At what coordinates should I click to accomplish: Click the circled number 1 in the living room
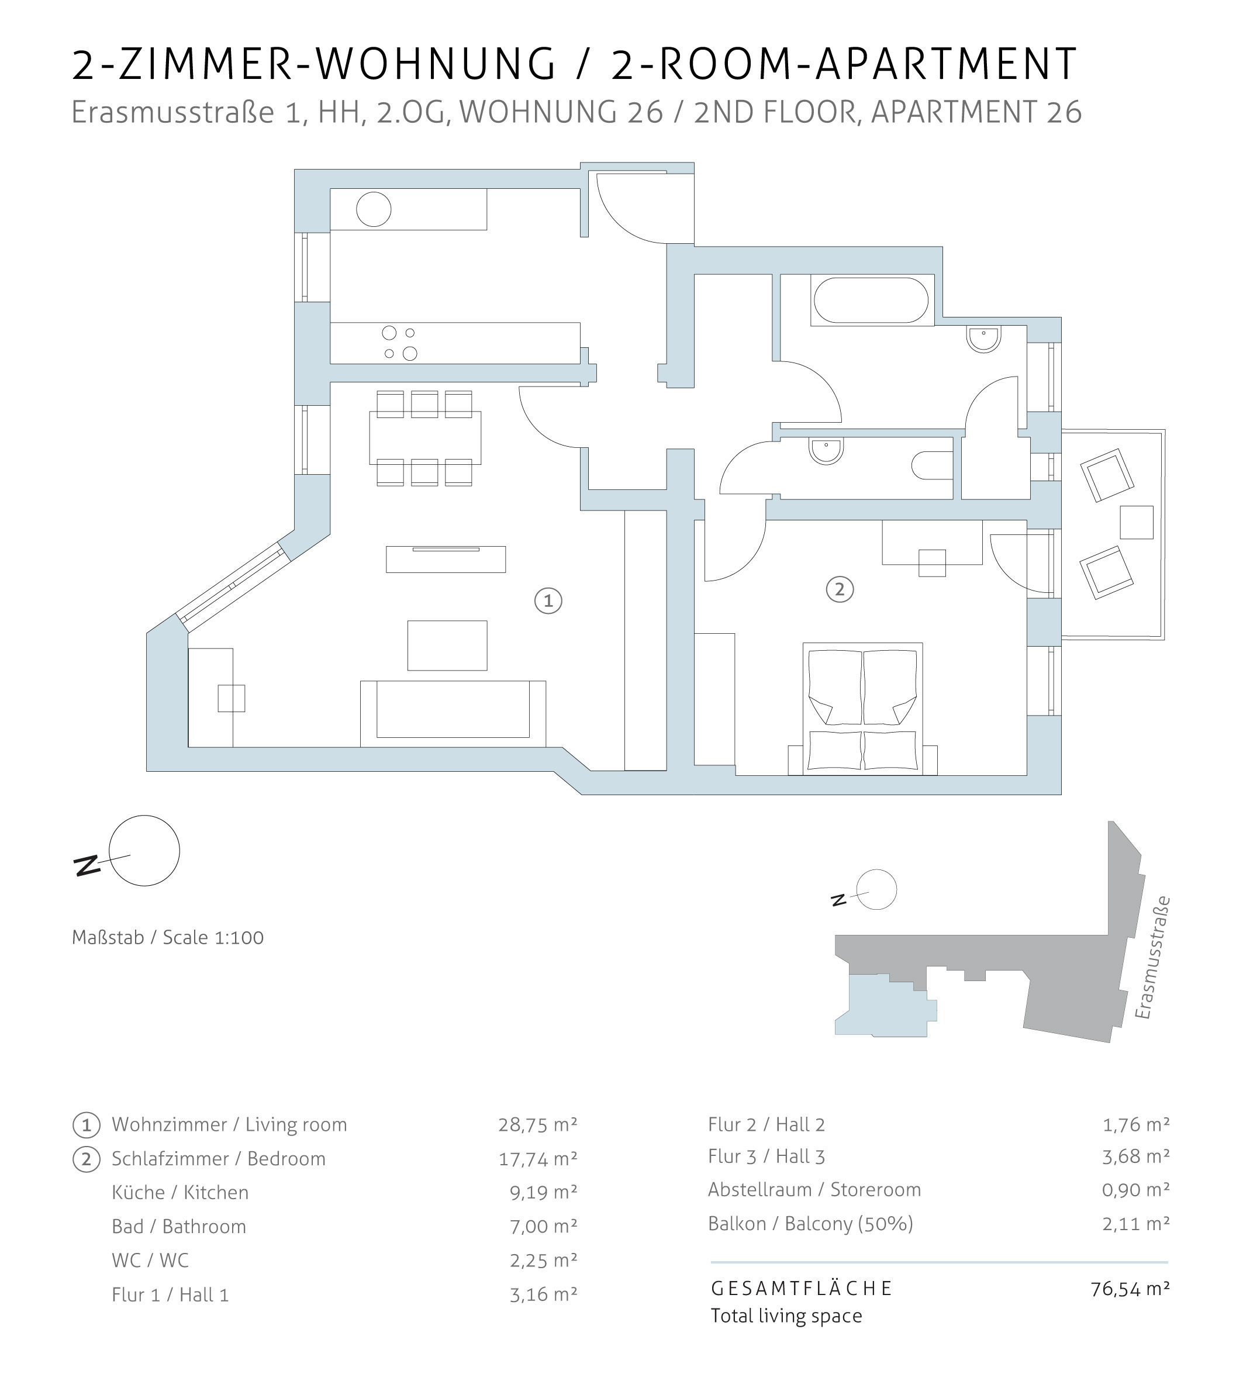pos(548,601)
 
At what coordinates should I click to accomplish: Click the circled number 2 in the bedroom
pos(840,589)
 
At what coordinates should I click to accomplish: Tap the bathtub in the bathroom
pos(871,300)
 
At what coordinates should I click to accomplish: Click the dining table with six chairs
pos(425,438)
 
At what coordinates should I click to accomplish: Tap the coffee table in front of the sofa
pos(447,645)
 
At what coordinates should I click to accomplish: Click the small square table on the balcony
pos(1137,523)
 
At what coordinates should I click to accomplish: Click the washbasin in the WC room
pos(826,450)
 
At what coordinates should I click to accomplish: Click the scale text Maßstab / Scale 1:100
pos(168,938)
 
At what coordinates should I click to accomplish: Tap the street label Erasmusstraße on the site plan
pos(1153,958)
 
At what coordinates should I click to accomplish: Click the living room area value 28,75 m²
pos(537,1125)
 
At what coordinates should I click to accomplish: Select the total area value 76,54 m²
pos(1130,1289)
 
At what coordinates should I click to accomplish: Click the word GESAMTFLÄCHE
pos(802,1289)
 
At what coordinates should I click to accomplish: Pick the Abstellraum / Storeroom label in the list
pos(814,1190)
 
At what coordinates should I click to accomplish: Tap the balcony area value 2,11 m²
pos(1135,1224)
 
